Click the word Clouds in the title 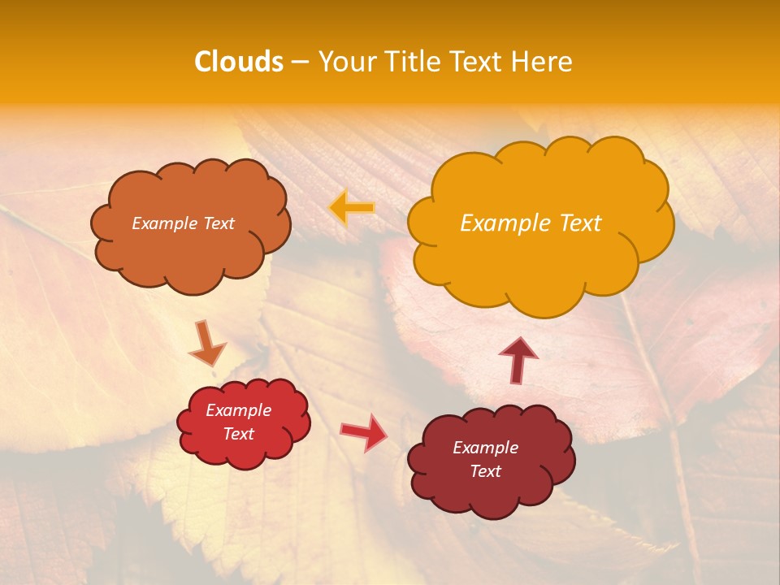coord(239,62)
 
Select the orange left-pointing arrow coord(352,208)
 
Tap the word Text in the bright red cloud coord(239,434)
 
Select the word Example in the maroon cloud coord(485,448)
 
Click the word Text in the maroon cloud coord(485,471)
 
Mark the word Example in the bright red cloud coord(239,410)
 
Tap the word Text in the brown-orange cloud coord(218,223)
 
